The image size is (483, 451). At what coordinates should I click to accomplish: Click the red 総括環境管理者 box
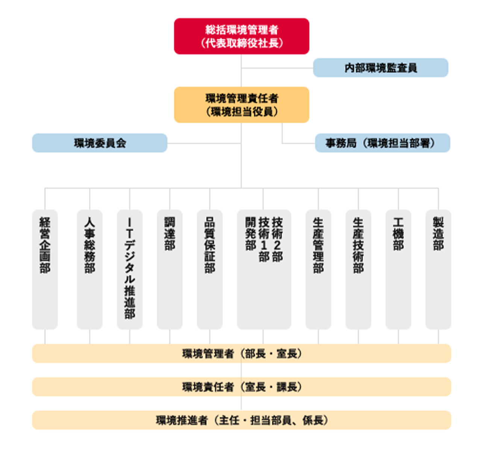[x=241, y=36]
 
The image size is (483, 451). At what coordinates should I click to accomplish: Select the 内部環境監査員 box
[x=380, y=68]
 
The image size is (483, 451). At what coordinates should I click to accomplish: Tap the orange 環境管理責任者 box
[x=241, y=105]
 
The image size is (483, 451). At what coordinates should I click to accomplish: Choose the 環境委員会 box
[x=100, y=143]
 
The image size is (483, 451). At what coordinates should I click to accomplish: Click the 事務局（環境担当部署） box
[x=382, y=143]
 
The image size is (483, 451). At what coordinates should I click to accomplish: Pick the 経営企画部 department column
[x=45, y=269]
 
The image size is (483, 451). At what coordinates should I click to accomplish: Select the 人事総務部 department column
[x=89, y=269]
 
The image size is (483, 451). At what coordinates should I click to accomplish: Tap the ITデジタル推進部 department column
[x=130, y=269]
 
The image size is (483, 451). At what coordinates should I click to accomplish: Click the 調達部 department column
[x=170, y=269]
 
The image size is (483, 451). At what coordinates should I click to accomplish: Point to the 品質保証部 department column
[x=210, y=269]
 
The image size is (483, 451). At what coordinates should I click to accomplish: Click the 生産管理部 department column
[x=318, y=269]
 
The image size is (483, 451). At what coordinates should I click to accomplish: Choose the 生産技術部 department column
[x=358, y=269]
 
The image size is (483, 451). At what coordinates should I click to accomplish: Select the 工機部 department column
[x=398, y=269]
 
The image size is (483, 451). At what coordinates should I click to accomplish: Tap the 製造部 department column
[x=438, y=269]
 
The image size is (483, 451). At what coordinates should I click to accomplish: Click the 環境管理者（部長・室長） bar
[x=241, y=353]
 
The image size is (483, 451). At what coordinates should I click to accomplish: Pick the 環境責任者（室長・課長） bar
[x=241, y=387]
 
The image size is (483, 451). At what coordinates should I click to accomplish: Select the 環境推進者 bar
[x=241, y=420]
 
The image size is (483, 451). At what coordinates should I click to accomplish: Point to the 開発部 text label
[x=251, y=233]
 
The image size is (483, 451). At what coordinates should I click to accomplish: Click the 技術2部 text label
[x=277, y=239]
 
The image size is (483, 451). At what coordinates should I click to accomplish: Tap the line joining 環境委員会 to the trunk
[x=204, y=143]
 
